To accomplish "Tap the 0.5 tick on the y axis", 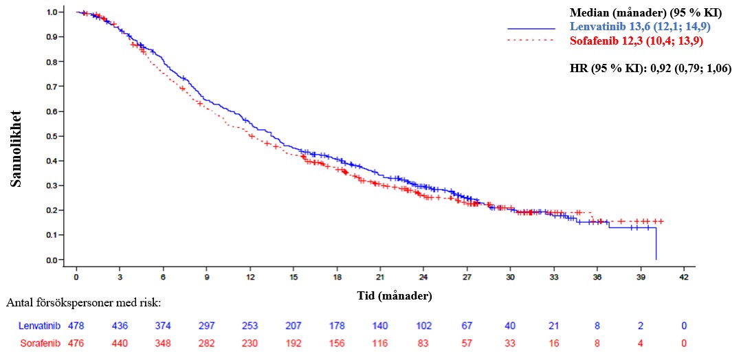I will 51,136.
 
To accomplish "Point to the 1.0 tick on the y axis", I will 51,12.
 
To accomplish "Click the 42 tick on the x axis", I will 684,277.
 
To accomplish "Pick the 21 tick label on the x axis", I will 380,277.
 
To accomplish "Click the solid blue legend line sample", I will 531,28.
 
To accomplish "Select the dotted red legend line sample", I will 531,41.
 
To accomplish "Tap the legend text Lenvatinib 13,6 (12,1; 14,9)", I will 640,27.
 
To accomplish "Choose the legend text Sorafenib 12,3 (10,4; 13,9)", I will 636,41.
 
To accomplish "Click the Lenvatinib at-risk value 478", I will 76,325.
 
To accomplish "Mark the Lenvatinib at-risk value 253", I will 250,325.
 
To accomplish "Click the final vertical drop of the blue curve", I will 656,244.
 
